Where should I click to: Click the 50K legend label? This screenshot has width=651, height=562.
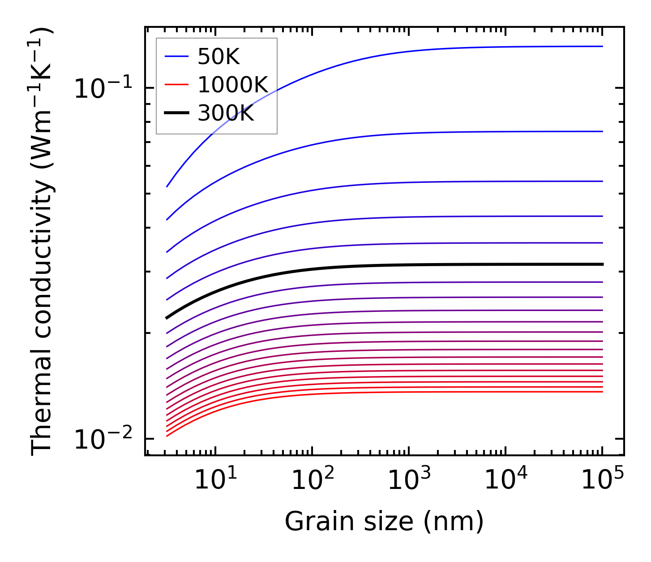click(219, 57)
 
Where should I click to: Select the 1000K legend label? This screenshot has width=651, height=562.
click(233, 85)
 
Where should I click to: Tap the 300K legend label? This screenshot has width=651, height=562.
click(226, 113)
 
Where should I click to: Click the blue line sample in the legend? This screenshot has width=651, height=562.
click(177, 56)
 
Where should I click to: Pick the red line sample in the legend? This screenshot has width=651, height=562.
click(177, 85)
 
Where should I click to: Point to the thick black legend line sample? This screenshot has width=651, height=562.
click(177, 113)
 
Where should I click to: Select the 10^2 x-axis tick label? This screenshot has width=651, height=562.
click(313, 481)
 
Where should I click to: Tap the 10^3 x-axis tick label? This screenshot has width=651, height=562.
click(409, 481)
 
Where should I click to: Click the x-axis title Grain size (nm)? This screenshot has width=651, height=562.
click(384, 522)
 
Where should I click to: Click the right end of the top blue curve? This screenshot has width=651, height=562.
click(602, 46)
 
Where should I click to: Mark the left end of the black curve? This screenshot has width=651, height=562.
click(167, 318)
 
